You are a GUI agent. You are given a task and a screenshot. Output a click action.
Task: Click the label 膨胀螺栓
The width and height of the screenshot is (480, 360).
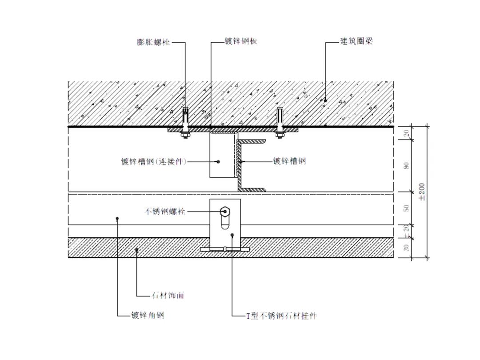tap(153, 43)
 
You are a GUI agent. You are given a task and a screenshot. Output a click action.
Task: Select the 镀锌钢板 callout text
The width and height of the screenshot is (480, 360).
tap(241, 41)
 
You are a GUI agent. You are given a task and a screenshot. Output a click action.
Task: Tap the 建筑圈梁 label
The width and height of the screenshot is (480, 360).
tap(356, 41)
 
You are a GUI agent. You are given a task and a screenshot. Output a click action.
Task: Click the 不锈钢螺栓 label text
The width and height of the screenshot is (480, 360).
tap(165, 212)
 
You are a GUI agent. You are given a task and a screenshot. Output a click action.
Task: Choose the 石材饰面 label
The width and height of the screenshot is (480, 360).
tap(168, 295)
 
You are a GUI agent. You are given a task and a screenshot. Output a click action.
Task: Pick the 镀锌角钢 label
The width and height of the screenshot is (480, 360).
tap(147, 316)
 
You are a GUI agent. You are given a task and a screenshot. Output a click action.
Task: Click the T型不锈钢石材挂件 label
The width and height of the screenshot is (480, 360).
tap(282, 316)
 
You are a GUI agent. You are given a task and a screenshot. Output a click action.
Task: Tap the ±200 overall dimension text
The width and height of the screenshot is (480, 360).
tap(422, 192)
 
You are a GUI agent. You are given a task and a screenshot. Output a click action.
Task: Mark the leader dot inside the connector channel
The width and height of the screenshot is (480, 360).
tap(218, 162)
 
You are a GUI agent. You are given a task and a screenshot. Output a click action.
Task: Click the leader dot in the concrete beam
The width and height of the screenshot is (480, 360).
tap(325, 100)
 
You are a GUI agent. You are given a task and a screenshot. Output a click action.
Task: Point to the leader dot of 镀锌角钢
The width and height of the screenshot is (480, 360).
tap(117, 218)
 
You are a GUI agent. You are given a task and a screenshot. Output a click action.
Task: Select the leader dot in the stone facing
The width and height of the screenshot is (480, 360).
tap(136, 250)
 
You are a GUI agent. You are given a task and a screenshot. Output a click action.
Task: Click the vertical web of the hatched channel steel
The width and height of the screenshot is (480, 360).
tap(239, 165)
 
